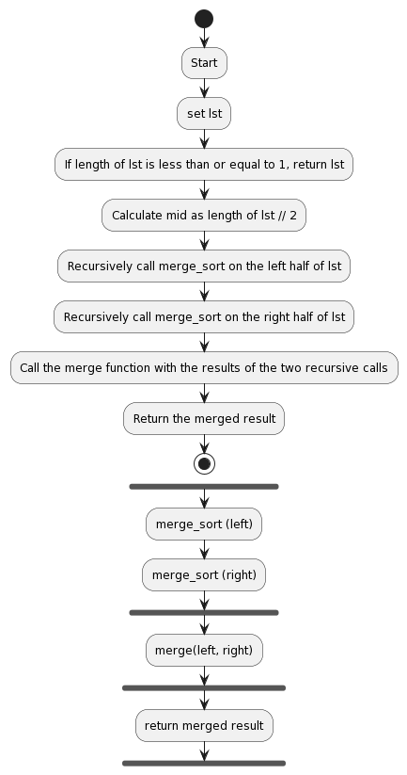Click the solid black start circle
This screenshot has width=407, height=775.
tap(203, 18)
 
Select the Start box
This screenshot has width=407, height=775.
tap(203, 63)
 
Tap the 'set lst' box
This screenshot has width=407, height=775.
tap(203, 114)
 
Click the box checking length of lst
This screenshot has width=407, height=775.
tap(203, 165)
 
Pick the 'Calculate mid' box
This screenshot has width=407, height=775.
tap(203, 216)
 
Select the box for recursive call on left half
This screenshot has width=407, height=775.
tap(203, 266)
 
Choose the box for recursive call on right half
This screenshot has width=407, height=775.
tap(203, 317)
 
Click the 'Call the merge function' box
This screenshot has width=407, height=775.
tap(203, 368)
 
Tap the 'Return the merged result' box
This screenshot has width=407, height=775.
tap(203, 419)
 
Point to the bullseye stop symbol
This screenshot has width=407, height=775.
tap(203, 463)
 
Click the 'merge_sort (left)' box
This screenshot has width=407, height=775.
tap(203, 524)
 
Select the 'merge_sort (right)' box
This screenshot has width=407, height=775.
tap(203, 574)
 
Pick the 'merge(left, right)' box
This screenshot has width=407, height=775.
tap(203, 650)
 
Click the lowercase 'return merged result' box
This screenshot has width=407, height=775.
tap(203, 725)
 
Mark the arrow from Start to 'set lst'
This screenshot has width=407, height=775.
tap(203, 89)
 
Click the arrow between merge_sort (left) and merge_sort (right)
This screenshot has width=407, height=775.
tap(203, 549)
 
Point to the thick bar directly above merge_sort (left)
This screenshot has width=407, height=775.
tap(203, 487)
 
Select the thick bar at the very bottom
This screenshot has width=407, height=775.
tap(203, 763)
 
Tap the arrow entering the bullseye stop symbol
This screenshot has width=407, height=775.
tap(203, 444)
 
